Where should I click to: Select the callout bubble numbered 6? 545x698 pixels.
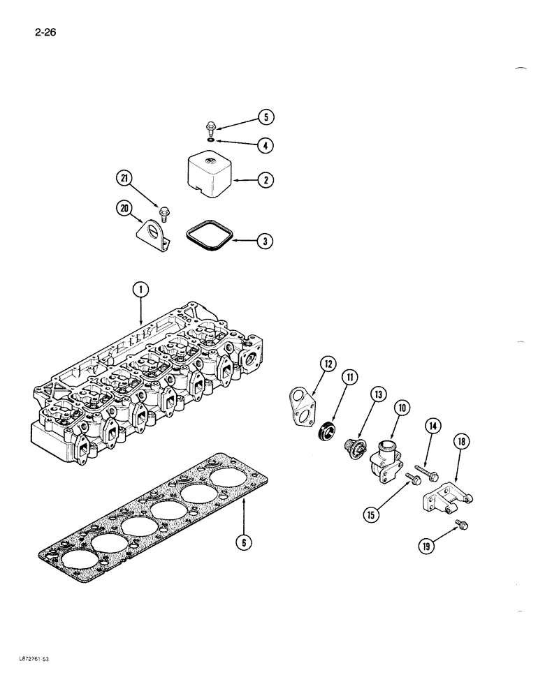tap(242, 542)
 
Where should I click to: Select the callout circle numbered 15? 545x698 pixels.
tap(370, 515)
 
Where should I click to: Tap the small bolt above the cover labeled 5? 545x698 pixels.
tap(209, 128)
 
